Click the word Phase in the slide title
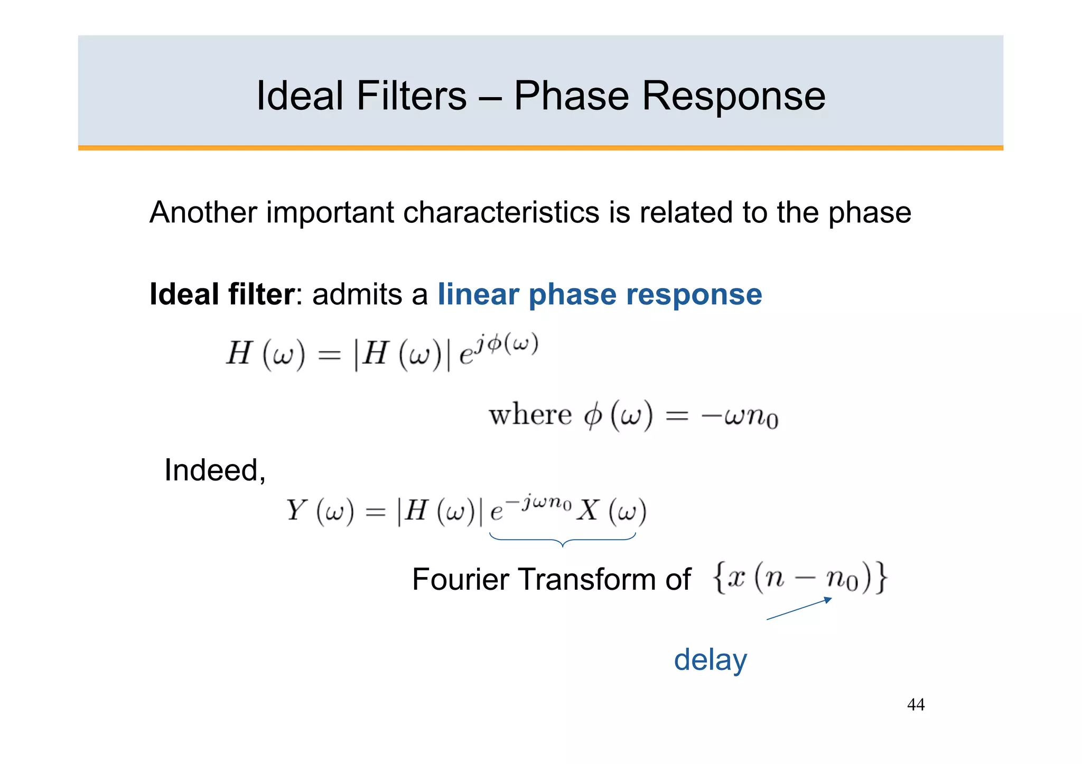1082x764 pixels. [x=571, y=96]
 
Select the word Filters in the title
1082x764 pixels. [x=411, y=96]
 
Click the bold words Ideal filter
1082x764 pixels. [x=221, y=294]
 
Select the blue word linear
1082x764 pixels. [x=478, y=294]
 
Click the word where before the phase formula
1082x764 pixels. [x=530, y=415]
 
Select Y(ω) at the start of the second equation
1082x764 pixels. [x=320, y=511]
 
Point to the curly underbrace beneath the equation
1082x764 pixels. [x=563, y=540]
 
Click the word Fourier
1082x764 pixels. [x=460, y=579]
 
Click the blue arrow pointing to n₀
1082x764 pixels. [x=799, y=608]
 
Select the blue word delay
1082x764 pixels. [x=710, y=660]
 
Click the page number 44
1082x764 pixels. [x=916, y=704]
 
